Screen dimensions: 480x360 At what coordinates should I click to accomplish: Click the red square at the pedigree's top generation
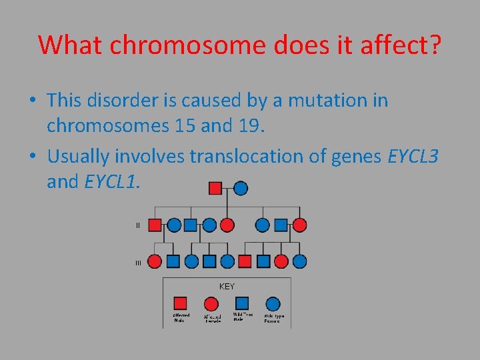point(215,188)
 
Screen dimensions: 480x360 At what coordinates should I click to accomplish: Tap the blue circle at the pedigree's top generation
point(240,188)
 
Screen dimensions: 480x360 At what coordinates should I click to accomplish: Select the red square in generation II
point(155,225)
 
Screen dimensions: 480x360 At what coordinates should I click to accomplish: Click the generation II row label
point(138,225)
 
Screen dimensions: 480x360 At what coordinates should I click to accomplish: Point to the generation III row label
point(138,263)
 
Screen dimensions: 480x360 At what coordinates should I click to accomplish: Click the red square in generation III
point(245,261)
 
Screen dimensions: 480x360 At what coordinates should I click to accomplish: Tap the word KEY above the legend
point(227,287)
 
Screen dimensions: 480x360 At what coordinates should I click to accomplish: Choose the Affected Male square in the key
point(181,303)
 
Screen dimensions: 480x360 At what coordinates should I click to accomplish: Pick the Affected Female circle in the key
point(212,303)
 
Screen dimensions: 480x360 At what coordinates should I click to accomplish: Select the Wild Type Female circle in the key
point(273,304)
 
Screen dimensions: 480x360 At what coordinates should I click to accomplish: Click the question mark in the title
point(433,45)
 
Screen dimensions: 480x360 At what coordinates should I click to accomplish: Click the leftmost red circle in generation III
point(155,261)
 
